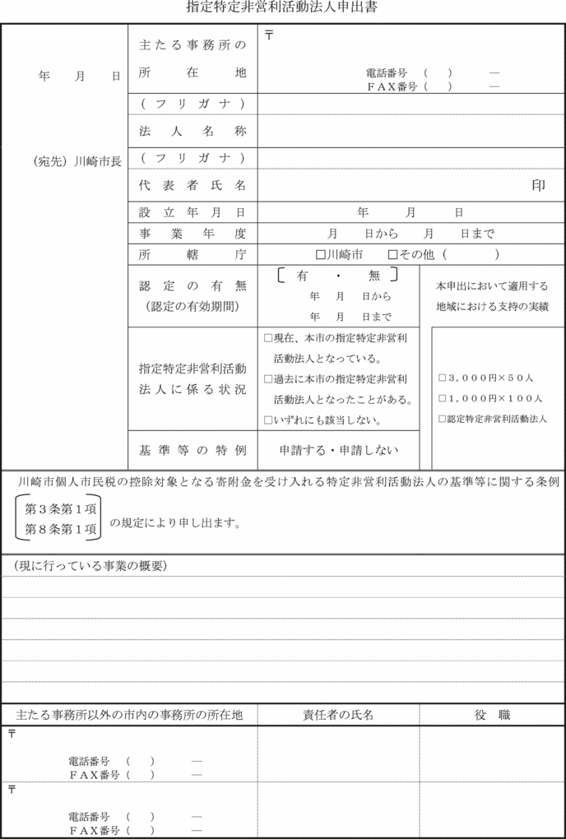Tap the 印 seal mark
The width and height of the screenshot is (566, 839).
(x=538, y=186)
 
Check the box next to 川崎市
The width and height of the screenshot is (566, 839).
(x=321, y=255)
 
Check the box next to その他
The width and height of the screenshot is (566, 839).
(x=392, y=255)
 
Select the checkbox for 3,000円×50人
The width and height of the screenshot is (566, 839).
(x=442, y=378)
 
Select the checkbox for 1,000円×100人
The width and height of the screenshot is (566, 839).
(x=442, y=398)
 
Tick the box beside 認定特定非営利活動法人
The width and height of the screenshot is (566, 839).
(x=442, y=419)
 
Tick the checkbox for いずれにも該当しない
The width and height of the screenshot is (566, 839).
(x=267, y=420)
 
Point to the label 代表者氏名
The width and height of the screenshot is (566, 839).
(x=193, y=186)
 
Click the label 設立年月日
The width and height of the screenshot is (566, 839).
(x=193, y=213)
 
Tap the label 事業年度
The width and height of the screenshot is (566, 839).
(x=193, y=234)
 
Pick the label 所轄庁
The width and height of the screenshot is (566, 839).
(x=193, y=255)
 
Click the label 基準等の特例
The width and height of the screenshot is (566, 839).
(x=193, y=450)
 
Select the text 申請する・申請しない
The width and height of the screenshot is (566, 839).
(x=339, y=450)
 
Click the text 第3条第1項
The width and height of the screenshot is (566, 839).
(x=61, y=508)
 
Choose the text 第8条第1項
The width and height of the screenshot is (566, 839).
(x=61, y=530)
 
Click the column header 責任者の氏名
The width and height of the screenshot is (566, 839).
(x=338, y=715)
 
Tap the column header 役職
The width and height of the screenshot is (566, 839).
(x=492, y=715)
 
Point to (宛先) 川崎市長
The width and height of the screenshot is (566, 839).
(x=72, y=161)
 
